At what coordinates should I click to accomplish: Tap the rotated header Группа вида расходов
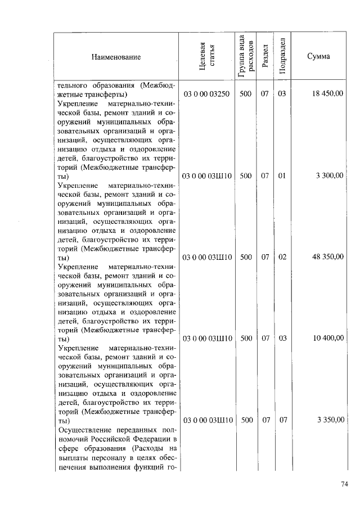245,56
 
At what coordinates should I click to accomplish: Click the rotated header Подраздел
282,56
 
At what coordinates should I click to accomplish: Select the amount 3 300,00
330,176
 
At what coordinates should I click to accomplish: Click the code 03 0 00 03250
206,94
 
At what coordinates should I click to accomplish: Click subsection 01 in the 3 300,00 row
282,176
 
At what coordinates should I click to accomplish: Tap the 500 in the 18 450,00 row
245,94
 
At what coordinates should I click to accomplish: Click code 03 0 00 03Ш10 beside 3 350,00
206,421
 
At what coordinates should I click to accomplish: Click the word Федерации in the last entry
152,439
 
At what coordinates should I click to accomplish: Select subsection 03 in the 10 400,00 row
282,339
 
